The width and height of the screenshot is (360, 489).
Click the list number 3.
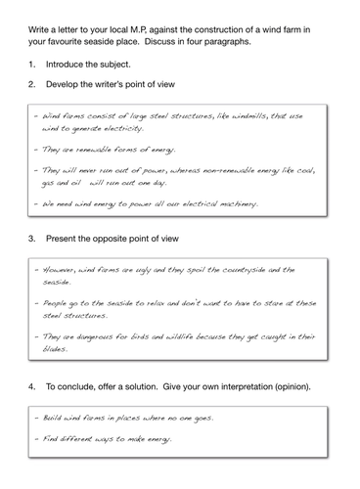[22, 239]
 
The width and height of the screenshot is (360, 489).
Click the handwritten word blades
[51, 349]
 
